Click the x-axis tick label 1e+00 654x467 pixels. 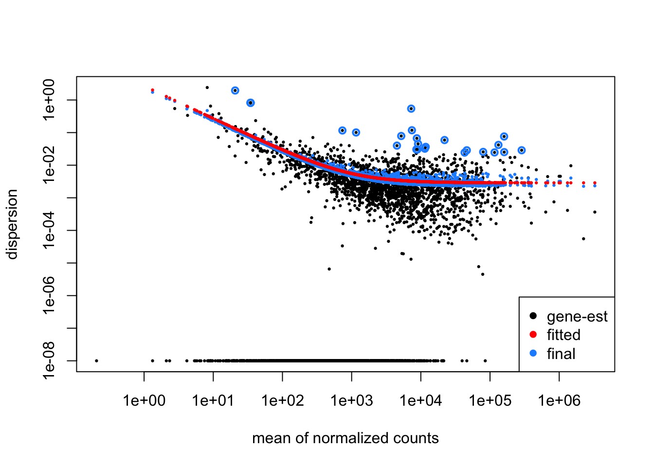tap(144, 401)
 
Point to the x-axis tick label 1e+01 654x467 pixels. tap(213, 401)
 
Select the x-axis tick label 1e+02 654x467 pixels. tap(282, 401)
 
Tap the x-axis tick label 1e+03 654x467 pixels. tap(351, 401)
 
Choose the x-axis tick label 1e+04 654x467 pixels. tap(420, 401)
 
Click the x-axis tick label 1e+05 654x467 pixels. tap(490, 401)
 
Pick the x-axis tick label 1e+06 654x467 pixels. tap(559, 401)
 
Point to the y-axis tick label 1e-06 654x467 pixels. tap(50, 296)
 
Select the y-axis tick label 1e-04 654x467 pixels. tap(50, 231)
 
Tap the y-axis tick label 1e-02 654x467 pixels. tap(50, 165)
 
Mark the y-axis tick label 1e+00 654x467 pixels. tap(50, 100)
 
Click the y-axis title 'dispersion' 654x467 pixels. tap(12, 224)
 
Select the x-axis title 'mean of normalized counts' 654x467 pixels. tap(345, 438)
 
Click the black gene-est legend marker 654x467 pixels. tap(533, 316)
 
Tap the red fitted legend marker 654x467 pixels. tap(533, 335)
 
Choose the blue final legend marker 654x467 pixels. tap(533, 354)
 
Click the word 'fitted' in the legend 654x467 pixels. tap(563, 335)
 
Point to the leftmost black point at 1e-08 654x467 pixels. tap(96, 360)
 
